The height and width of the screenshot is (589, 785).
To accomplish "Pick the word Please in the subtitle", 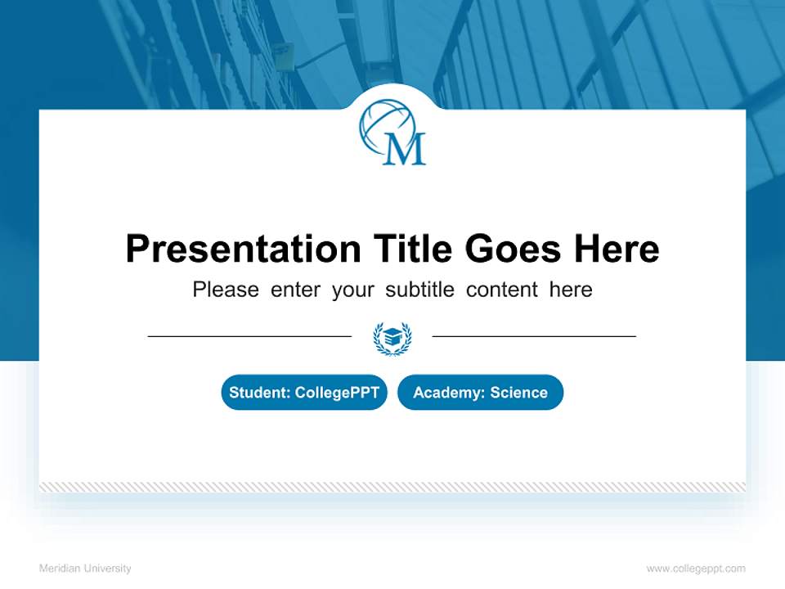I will pyautogui.click(x=226, y=290).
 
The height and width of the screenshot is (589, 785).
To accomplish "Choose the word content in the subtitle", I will pyautogui.click(x=503, y=290).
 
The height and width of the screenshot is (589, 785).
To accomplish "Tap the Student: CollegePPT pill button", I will pyautogui.click(x=304, y=393).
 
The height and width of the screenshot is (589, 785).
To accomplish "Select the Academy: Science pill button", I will pyautogui.click(x=481, y=393).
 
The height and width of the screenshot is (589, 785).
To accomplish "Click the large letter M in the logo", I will pyautogui.click(x=405, y=149).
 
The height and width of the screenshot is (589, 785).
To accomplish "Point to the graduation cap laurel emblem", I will pyautogui.click(x=392, y=337).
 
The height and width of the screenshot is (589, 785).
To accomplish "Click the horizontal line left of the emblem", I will pyautogui.click(x=249, y=336).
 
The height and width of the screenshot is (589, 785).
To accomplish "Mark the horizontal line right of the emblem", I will pyautogui.click(x=534, y=336).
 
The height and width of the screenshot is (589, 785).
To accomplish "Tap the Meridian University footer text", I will pyautogui.click(x=85, y=569).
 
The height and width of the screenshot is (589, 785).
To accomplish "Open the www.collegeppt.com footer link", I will pyautogui.click(x=696, y=569).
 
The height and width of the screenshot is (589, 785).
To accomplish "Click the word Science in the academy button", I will pyautogui.click(x=519, y=393).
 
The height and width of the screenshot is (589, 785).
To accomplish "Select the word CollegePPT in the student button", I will pyautogui.click(x=337, y=393).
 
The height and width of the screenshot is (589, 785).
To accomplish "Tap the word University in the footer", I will pyautogui.click(x=108, y=569).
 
